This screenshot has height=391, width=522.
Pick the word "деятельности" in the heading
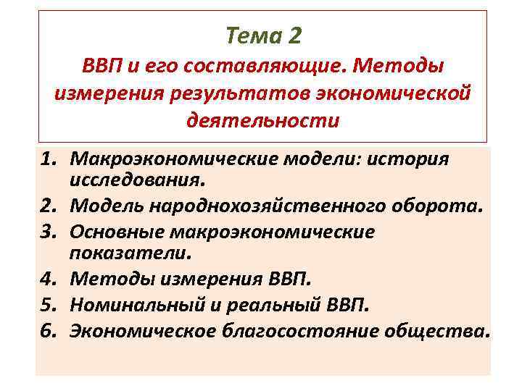click(x=262, y=119)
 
